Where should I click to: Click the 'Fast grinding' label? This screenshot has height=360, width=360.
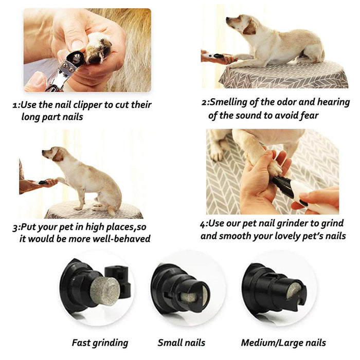100,343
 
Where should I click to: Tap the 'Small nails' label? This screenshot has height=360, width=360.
182,343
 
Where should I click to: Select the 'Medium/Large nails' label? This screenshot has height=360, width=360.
283,343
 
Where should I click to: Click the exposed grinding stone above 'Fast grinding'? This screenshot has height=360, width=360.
105,291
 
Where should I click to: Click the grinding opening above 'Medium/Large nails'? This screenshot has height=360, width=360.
294,290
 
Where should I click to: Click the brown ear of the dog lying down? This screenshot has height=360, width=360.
250,28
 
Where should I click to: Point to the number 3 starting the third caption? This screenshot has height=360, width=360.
15,228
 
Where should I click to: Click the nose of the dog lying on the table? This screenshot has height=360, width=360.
227,19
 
